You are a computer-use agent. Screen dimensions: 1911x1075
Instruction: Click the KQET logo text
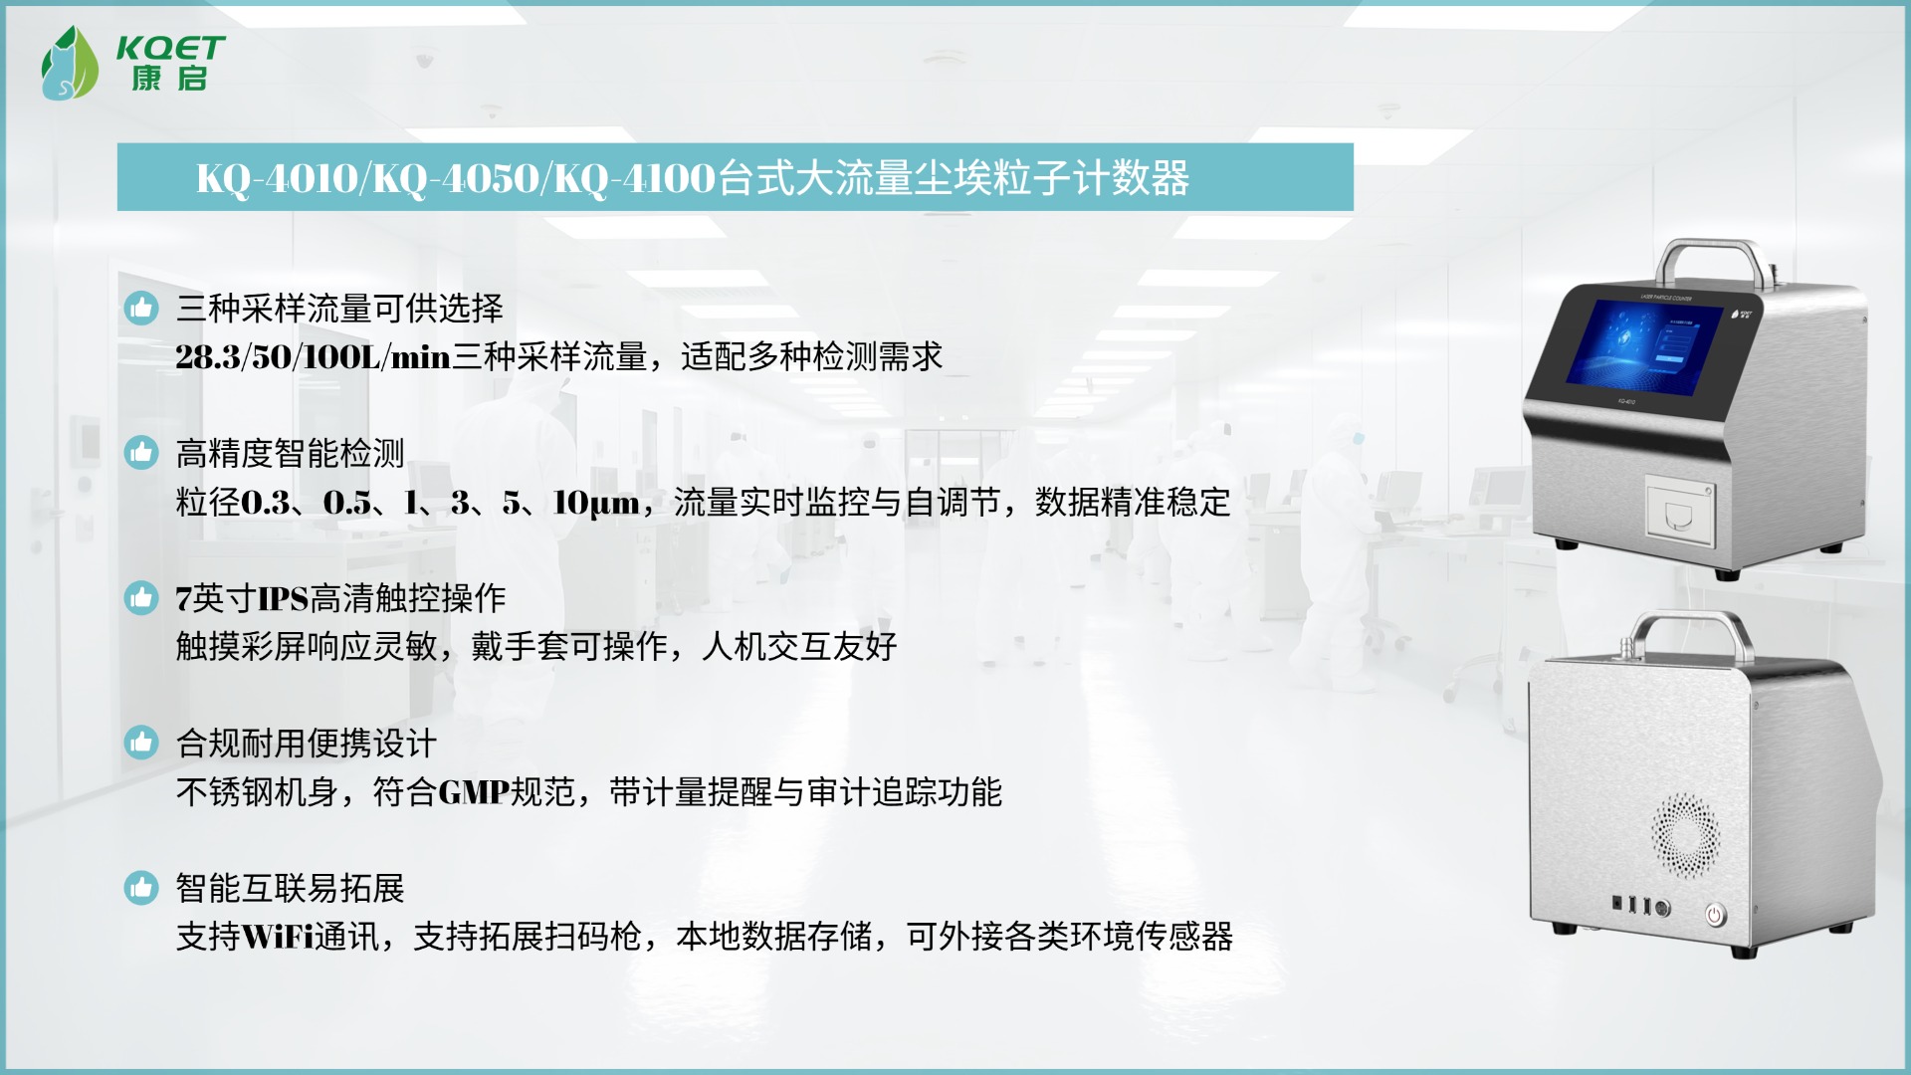pos(170,48)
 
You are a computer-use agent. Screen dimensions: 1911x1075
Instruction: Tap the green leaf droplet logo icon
pos(69,63)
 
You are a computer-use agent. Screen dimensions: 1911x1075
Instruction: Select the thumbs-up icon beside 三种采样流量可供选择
pos(141,308)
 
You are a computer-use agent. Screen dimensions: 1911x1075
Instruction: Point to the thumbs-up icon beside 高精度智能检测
pos(141,453)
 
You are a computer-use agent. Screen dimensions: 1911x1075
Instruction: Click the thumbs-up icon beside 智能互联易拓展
pos(141,888)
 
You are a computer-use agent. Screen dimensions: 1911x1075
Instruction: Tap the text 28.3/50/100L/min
pos(314,356)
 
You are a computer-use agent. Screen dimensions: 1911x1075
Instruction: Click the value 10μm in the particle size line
pos(596,503)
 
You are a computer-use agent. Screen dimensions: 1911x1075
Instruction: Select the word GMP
pos(474,792)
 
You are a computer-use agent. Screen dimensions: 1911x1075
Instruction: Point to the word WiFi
pos(278,937)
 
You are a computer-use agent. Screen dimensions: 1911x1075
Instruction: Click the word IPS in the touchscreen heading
pos(284,598)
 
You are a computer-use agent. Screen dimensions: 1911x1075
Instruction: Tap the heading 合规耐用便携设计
pos(307,744)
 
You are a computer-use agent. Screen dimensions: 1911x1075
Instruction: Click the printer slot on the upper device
pos(1680,511)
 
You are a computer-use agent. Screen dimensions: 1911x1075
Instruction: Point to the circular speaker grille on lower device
pos(1686,835)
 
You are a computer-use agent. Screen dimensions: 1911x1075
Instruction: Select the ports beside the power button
pos(1641,906)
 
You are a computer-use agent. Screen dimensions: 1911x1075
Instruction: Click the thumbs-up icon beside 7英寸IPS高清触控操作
pos(141,597)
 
